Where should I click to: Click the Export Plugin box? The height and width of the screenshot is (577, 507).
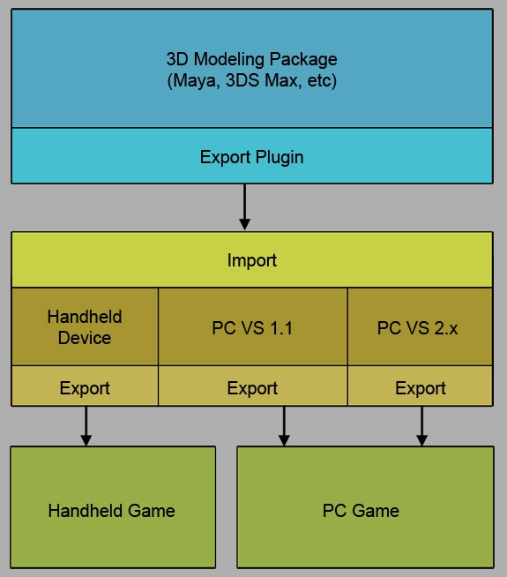click(251, 157)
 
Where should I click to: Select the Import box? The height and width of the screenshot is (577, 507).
click(251, 260)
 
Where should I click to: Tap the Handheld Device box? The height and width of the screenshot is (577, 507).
click(85, 326)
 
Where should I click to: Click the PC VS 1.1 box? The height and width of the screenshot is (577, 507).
click(252, 328)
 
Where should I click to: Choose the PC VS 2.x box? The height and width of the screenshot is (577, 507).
click(420, 328)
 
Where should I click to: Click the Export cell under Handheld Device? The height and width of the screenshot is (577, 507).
click(85, 388)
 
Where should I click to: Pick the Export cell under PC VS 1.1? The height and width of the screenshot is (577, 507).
click(252, 388)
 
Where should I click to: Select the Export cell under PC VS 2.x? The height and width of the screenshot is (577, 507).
click(420, 388)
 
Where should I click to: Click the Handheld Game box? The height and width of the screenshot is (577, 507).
click(112, 510)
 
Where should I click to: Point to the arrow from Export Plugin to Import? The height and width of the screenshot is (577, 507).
click(245, 206)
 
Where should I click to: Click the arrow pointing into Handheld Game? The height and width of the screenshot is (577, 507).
click(86, 426)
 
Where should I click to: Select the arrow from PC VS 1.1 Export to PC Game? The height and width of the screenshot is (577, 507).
click(284, 426)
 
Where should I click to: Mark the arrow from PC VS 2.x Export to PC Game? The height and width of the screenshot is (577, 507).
click(421, 426)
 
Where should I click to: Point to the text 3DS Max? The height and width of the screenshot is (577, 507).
click(265, 81)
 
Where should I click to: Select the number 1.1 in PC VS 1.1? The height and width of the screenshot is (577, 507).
click(280, 328)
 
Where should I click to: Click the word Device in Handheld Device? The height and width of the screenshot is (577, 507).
click(85, 338)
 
